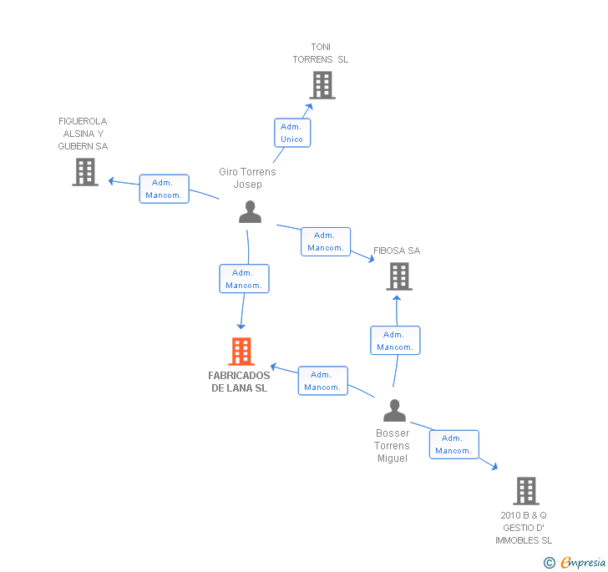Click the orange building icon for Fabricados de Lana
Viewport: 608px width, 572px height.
241,352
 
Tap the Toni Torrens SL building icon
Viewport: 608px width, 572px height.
322,85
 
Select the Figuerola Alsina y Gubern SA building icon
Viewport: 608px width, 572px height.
85,172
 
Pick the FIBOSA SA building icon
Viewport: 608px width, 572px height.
399,276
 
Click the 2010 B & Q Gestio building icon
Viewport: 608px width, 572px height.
525,491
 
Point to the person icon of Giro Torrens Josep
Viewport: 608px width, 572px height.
250,211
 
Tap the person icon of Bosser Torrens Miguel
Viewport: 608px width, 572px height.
394,411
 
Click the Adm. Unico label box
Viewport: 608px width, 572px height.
291,133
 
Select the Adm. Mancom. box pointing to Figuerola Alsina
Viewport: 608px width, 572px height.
164,189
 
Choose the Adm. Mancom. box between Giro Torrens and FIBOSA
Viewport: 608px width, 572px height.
326,241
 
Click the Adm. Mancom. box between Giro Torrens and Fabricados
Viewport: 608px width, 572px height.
244,279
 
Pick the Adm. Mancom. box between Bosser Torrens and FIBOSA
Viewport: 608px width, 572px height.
395,341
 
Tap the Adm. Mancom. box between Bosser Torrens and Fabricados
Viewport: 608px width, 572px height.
322,381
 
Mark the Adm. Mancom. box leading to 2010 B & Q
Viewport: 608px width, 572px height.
453,444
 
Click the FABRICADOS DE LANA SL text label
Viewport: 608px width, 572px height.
240,382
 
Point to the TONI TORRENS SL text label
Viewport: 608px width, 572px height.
321,53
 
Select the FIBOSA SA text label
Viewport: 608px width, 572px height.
397,251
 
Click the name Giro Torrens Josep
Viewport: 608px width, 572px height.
247,178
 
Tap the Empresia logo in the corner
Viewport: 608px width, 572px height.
575,562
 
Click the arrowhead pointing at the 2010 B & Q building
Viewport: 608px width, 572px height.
495,467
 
